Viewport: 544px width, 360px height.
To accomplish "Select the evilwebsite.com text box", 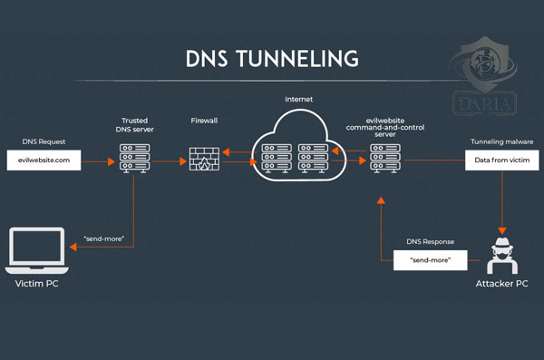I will (44, 161).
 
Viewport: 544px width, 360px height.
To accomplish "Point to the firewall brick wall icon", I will (203, 161).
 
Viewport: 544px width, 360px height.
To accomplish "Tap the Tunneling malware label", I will (500, 142).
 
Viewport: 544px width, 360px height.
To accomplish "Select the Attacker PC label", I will (501, 284).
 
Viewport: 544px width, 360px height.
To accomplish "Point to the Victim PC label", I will (37, 284).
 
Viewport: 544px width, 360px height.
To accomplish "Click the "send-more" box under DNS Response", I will (431, 261).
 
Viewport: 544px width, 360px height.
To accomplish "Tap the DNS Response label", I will (430, 243).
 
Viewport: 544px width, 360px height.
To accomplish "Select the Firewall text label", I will (203, 120).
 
